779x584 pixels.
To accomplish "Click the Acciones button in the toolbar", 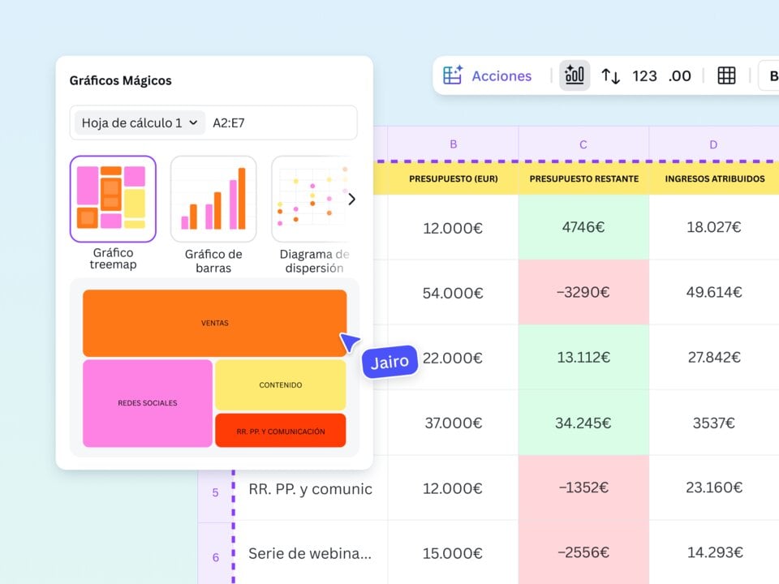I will tap(488, 75).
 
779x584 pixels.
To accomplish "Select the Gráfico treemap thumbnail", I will tap(113, 199).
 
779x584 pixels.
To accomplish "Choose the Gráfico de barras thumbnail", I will tap(213, 199).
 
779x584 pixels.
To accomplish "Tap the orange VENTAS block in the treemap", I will tap(215, 323).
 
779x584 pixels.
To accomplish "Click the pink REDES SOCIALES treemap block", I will tap(148, 402).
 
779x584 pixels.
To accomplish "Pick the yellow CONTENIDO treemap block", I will tap(280, 384).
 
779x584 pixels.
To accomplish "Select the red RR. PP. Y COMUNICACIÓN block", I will tap(280, 431).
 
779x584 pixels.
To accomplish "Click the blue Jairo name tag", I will tap(389, 363).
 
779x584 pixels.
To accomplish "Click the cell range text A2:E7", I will tap(229, 122).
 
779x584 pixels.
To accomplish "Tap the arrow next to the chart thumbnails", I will tap(351, 199).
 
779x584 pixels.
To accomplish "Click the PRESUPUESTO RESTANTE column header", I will tap(583, 178).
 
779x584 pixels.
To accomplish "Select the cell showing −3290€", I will tap(583, 292).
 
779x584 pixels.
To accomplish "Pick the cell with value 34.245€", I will tap(583, 423).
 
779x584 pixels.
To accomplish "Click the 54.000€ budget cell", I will tap(453, 292).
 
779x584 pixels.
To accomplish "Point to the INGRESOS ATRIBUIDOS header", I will tap(713, 178).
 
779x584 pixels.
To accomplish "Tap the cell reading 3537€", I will tap(713, 423).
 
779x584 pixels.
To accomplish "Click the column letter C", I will tap(583, 144).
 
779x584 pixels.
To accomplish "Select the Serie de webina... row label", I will tap(310, 553).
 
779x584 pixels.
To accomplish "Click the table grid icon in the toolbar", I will tap(726, 75).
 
